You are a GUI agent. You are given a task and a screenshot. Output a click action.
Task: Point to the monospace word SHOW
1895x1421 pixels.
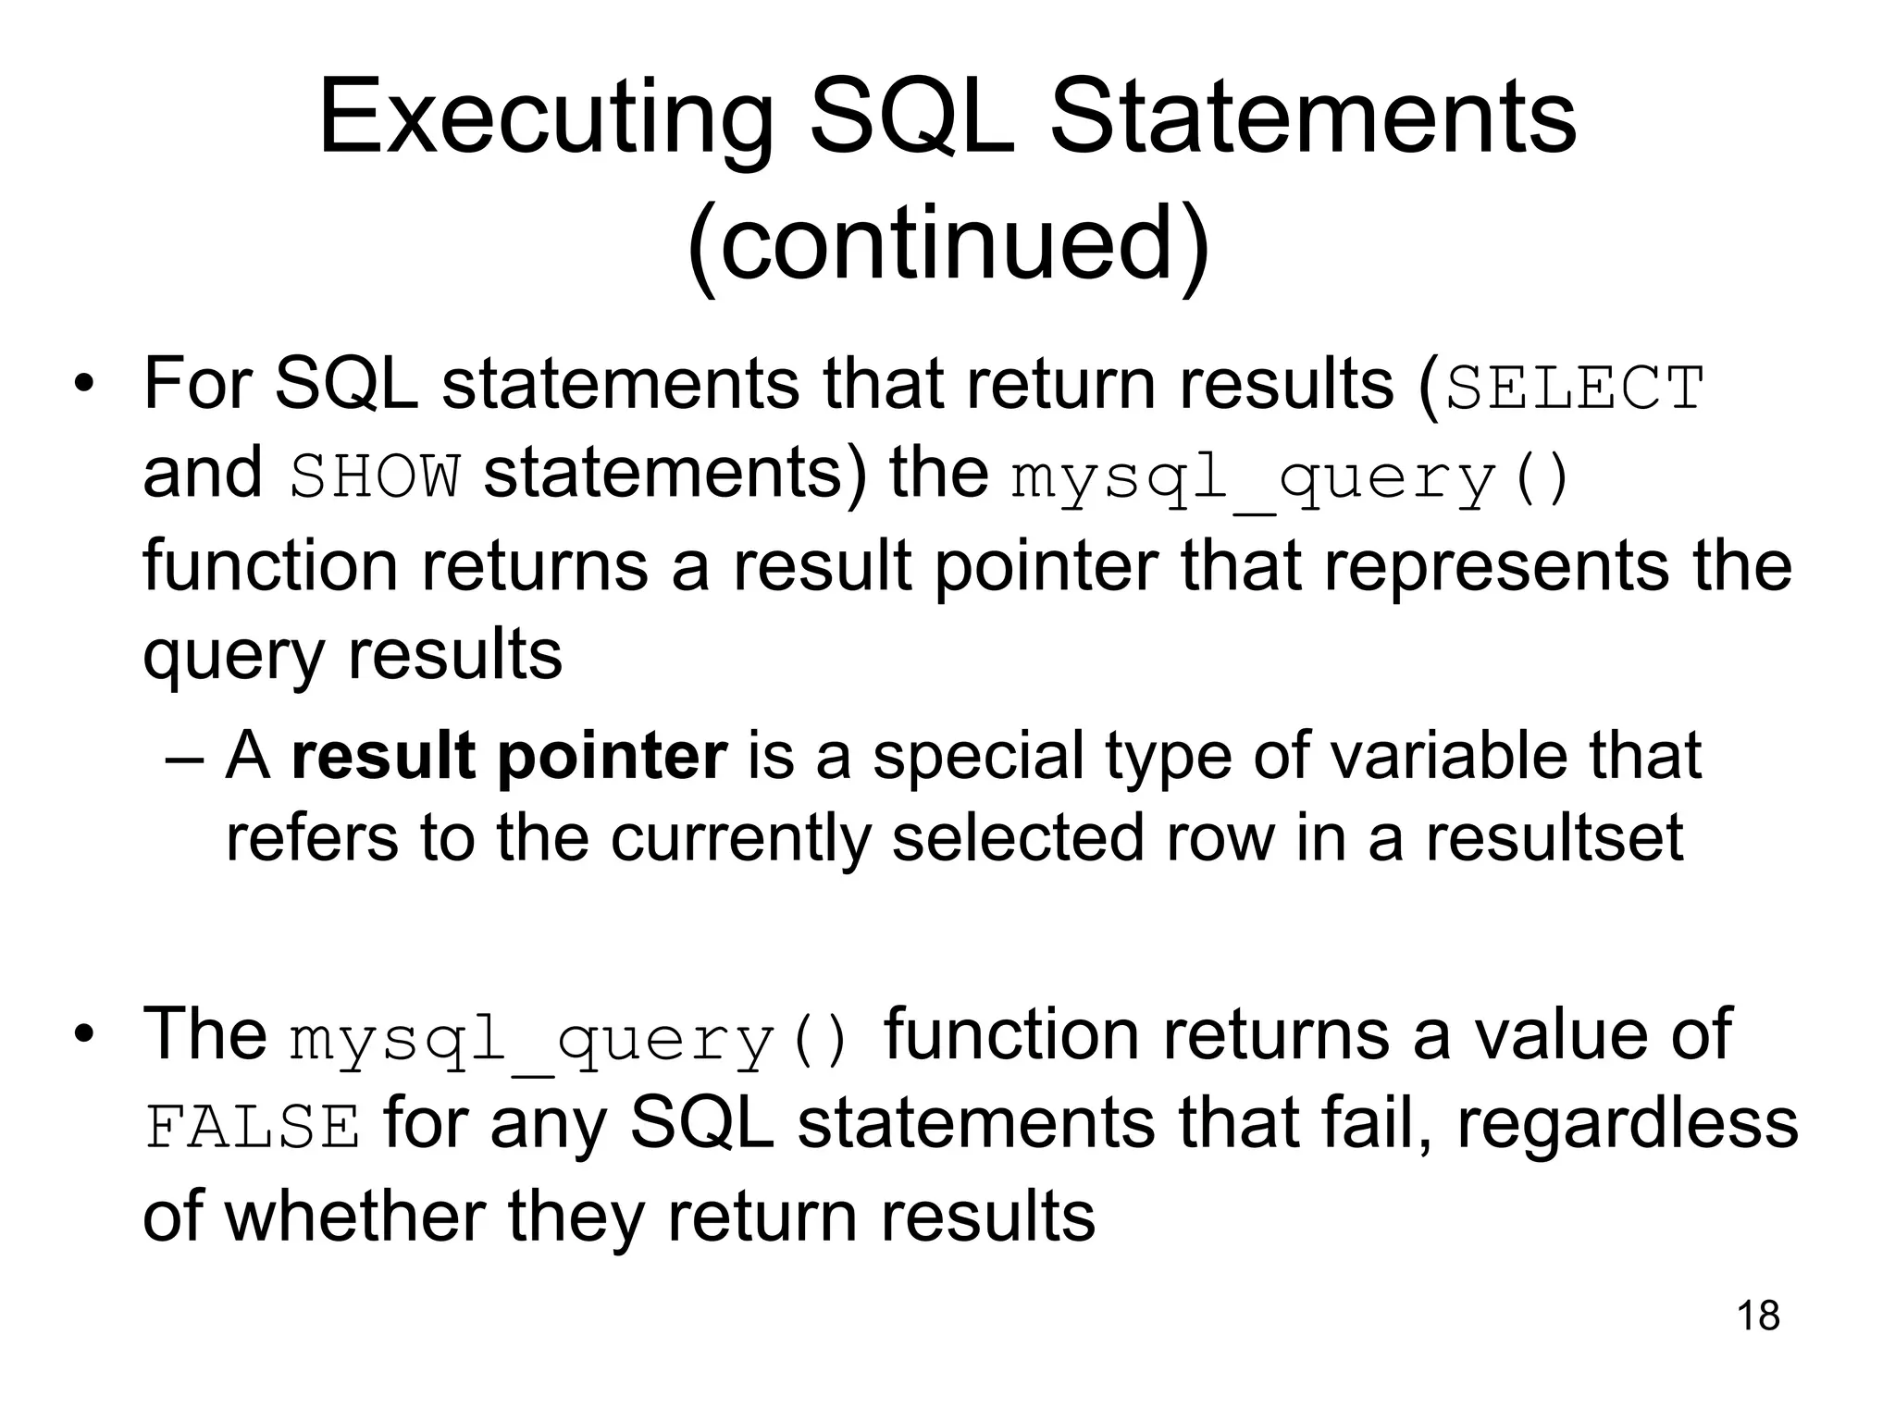[x=374, y=478]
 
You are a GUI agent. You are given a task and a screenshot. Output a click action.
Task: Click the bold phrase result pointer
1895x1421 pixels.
[x=509, y=756]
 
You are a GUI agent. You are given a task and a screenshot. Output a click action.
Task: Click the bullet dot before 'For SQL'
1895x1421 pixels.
[x=85, y=386]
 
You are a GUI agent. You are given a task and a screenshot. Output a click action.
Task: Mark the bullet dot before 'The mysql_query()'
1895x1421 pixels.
[x=85, y=1035]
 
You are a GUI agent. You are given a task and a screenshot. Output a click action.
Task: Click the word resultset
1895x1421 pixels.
[x=1554, y=837]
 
